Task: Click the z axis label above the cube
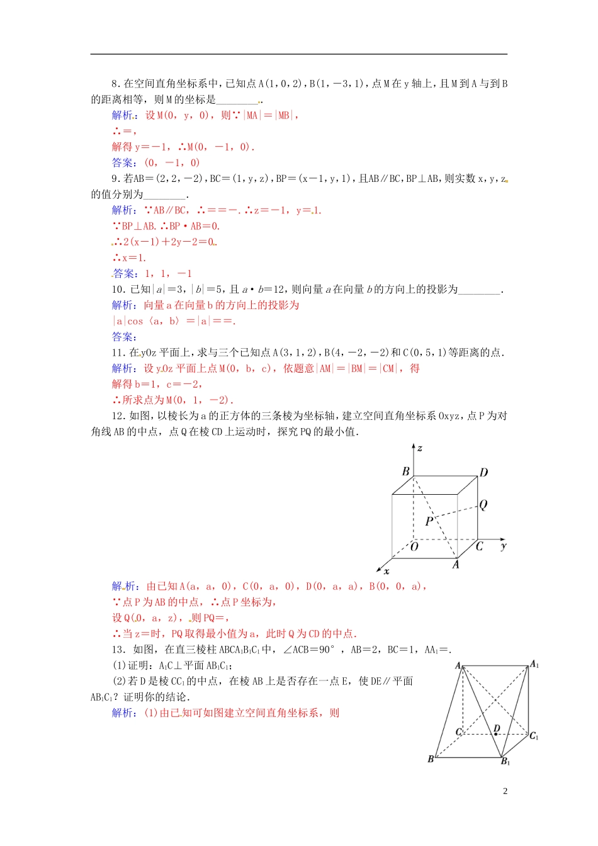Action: coord(420,448)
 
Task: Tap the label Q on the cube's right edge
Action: coord(483,505)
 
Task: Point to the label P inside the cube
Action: coord(429,521)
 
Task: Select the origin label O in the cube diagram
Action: coord(414,546)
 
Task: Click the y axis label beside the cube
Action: coord(504,546)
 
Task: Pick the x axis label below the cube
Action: coord(386,572)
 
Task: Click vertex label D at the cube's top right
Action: coord(483,473)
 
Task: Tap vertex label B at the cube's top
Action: coord(405,471)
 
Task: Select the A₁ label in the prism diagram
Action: coord(534,664)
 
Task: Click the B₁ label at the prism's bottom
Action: coord(505,762)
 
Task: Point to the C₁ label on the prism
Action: coord(534,736)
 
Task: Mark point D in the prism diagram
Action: coord(497,729)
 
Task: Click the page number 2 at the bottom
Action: coord(505,791)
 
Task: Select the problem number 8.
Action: coord(115,84)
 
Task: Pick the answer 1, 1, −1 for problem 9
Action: coord(168,274)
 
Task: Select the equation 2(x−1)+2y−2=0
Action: coord(167,242)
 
